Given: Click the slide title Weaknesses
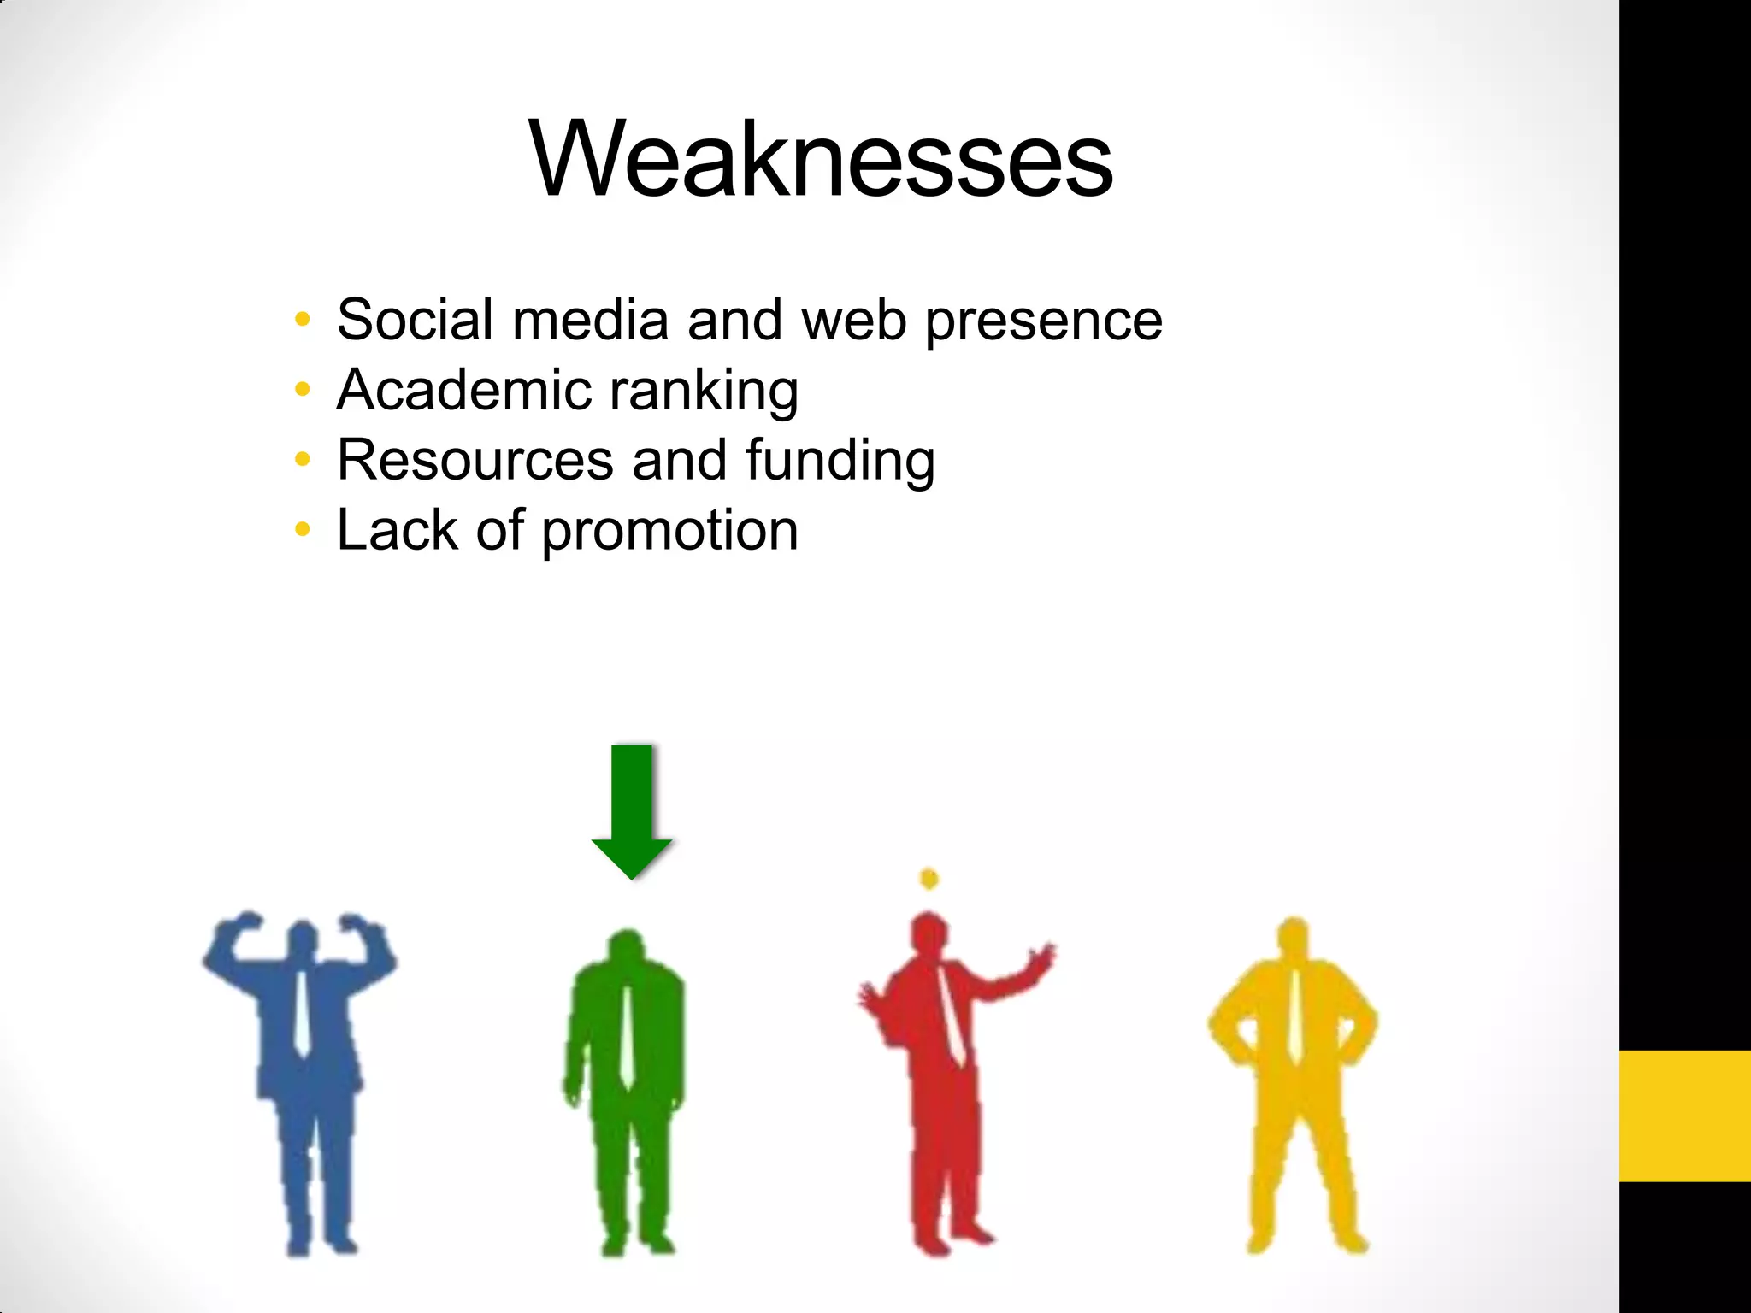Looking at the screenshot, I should pos(821,160).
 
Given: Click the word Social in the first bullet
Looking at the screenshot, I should pos(416,320).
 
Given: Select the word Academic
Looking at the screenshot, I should pos(463,390).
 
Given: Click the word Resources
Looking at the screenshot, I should pos(475,460).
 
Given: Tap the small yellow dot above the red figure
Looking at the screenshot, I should pos(929,878).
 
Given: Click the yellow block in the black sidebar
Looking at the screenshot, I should pos(1684,1116).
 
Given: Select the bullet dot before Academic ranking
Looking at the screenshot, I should pos(302,390).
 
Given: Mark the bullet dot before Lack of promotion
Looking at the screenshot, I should pos(302,530).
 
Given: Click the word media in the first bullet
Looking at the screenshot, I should pos(590,320).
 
